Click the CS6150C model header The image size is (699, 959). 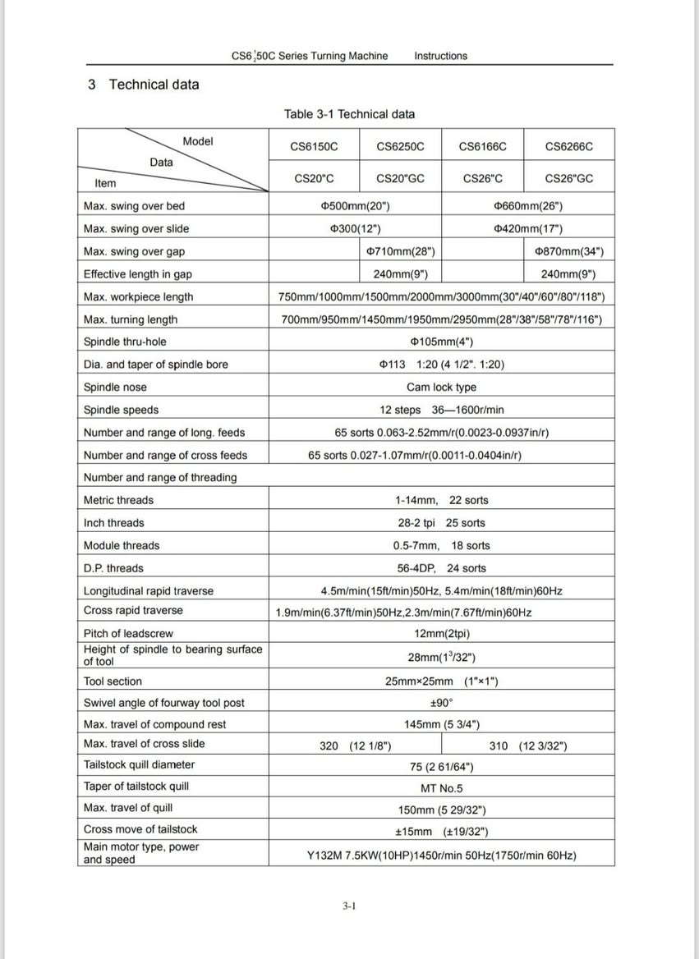314,147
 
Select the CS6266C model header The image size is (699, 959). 568,147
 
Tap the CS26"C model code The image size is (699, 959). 483,178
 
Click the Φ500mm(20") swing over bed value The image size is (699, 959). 355,206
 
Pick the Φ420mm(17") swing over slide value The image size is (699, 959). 528,229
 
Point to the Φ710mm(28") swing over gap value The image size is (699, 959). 400,251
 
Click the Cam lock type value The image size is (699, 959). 441,388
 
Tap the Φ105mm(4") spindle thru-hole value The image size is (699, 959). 441,342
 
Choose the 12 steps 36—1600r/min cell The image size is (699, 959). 441,410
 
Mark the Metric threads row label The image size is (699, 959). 118,500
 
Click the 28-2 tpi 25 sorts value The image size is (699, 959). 441,523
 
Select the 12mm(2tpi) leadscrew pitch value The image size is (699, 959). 442,633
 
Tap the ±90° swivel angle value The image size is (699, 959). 442,703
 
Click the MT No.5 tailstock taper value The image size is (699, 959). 442,788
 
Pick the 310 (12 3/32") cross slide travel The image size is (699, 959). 527,746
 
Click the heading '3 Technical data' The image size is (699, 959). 143,85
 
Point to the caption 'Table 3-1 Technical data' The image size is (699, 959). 349,114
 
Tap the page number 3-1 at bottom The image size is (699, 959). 349,906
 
